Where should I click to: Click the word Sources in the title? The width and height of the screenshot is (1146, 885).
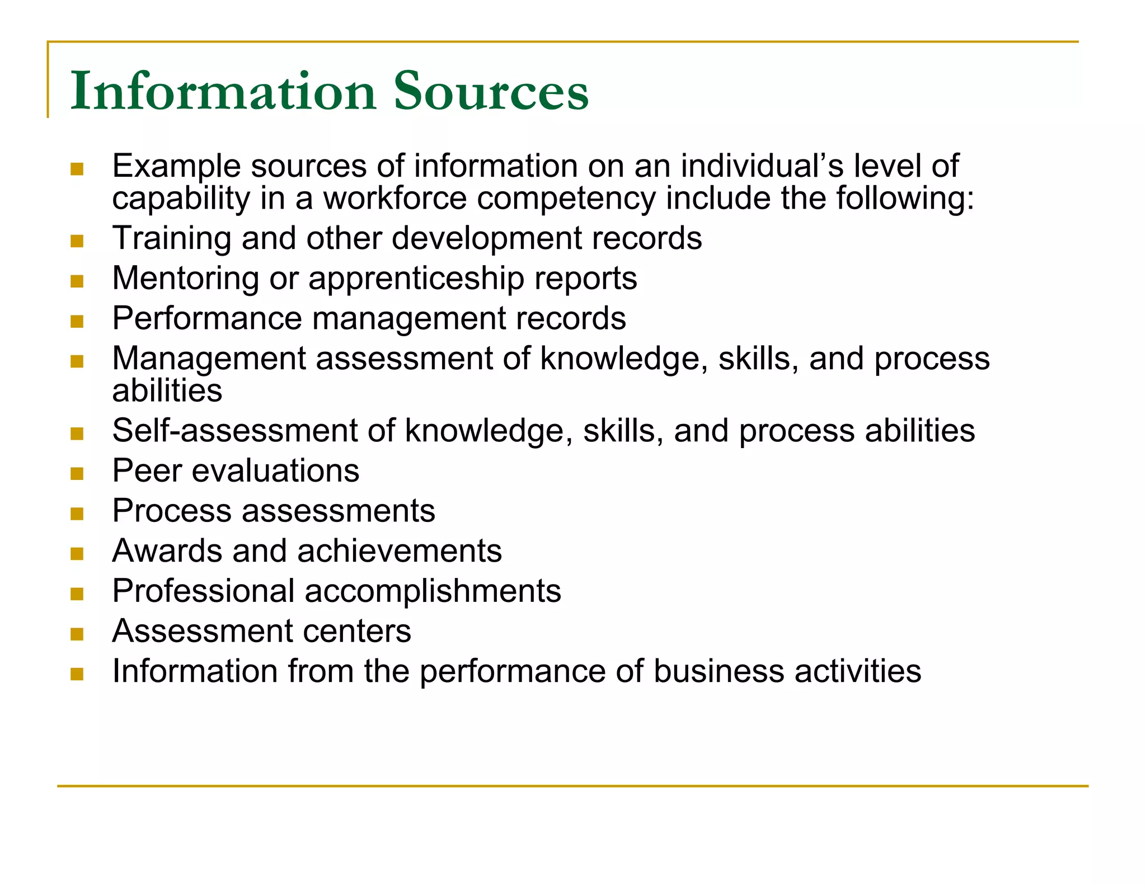pyautogui.click(x=491, y=91)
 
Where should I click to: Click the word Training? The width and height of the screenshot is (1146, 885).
pyautogui.click(x=172, y=239)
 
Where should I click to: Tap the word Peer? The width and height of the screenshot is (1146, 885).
pyautogui.click(x=147, y=470)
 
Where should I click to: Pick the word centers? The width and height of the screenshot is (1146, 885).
pyautogui.click(x=356, y=631)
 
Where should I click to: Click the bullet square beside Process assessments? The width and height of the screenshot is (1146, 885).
pyautogui.click(x=77, y=514)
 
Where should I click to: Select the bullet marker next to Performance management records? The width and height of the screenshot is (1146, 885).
pyautogui.click(x=77, y=321)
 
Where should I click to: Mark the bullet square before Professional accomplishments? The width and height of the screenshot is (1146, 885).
pyautogui.click(x=77, y=594)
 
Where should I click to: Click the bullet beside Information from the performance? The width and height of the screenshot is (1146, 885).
pyautogui.click(x=77, y=674)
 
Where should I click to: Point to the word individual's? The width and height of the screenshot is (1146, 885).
pyautogui.click(x=761, y=166)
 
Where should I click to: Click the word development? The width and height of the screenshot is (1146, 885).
pyautogui.click(x=486, y=239)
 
